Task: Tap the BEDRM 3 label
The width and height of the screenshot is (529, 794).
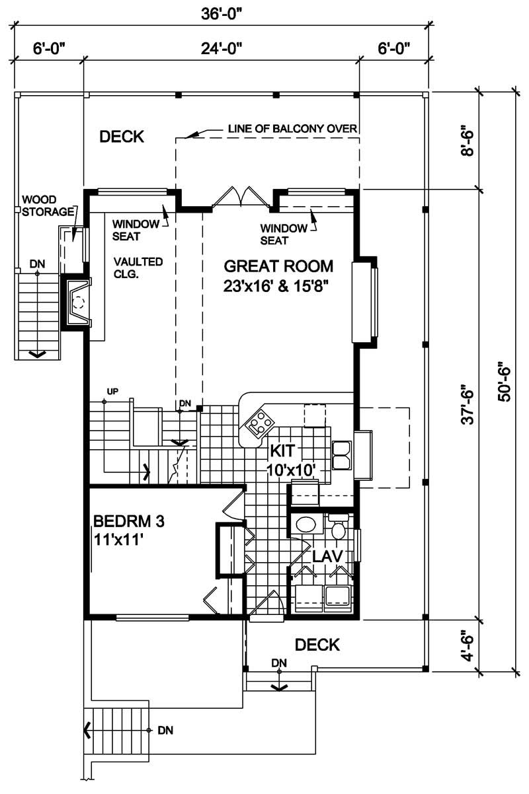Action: click(x=128, y=521)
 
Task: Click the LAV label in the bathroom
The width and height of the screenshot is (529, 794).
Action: click(x=327, y=556)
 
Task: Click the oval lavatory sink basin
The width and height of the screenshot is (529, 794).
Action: click(x=305, y=526)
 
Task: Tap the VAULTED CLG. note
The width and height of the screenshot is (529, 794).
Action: click(x=138, y=268)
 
